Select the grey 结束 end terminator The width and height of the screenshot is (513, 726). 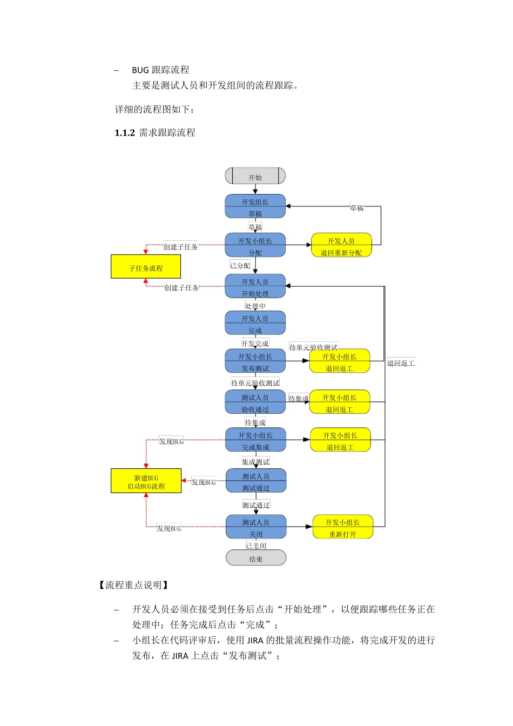pos(255,558)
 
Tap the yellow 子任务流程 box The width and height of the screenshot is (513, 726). pos(146,267)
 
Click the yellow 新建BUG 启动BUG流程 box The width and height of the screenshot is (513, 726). pos(146,481)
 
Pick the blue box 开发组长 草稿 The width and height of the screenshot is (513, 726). pos(255,206)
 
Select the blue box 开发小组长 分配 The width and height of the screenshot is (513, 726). pos(255,245)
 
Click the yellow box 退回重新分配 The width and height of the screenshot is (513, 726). pos(341,245)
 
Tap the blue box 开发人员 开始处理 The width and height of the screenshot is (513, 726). pos(255,286)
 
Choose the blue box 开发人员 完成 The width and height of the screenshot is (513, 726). pos(255,323)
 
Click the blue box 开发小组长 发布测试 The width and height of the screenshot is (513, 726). pos(255,361)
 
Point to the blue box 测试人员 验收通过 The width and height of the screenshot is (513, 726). pos(255,402)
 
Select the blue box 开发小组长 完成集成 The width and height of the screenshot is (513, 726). pos(255,440)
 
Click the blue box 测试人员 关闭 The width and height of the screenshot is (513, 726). pos(256,527)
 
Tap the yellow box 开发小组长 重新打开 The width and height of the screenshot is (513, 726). pos(343,527)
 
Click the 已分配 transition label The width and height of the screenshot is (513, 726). pos(240,265)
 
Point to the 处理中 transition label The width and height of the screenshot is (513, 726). pos(255,306)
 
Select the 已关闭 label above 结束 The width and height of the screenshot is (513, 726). pos(256,546)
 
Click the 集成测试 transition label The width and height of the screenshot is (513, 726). pos(255,462)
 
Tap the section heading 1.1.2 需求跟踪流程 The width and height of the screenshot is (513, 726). pos(155,133)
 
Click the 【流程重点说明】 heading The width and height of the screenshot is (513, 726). pos(133,585)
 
